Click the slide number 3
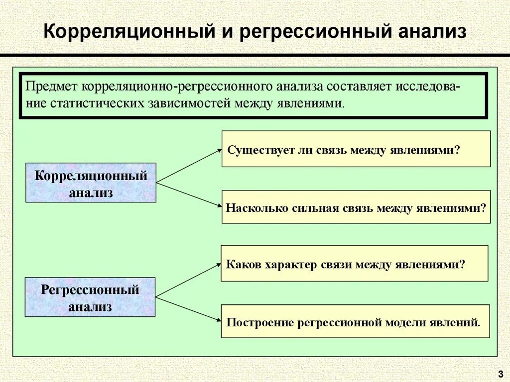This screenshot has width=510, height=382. pyautogui.click(x=500, y=373)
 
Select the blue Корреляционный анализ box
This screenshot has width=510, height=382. pyautogui.click(x=91, y=183)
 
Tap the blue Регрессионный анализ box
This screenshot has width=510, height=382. pyautogui.click(x=90, y=297)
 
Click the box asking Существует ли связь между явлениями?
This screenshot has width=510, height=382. pyautogui.click(x=356, y=149)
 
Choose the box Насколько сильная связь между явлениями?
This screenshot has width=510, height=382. pyautogui.click(x=356, y=207)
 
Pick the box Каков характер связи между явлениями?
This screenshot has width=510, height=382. pyautogui.click(x=354, y=263)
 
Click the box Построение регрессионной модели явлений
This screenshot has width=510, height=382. pyautogui.click(x=355, y=321)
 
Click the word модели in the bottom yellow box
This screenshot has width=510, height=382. pyautogui.click(x=402, y=322)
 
